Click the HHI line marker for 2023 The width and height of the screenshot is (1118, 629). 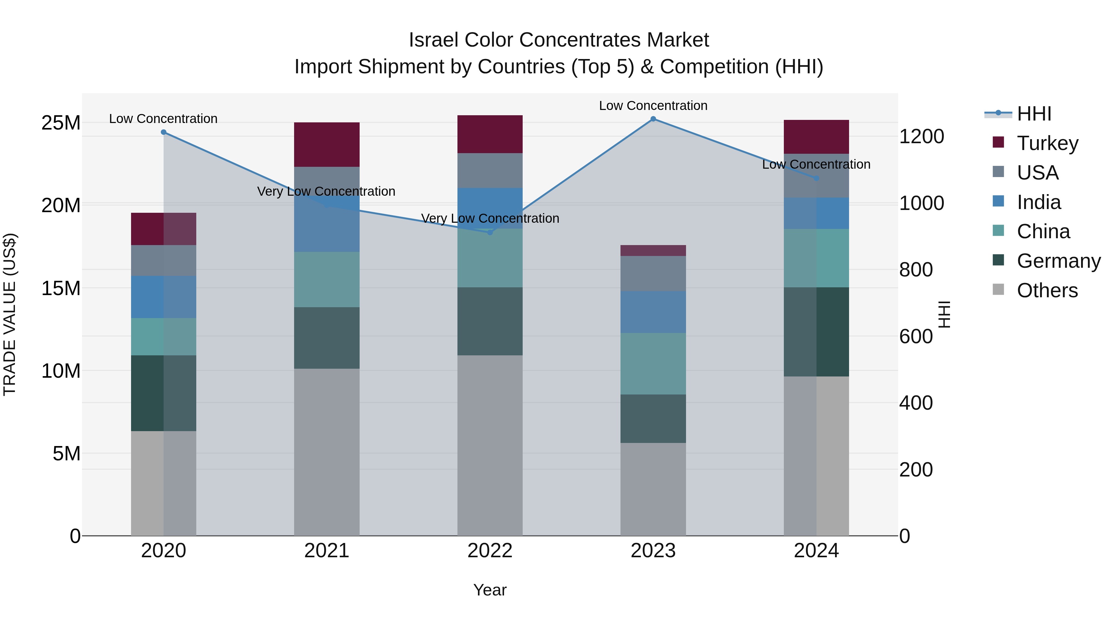click(653, 119)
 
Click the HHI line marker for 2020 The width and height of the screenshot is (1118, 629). click(164, 132)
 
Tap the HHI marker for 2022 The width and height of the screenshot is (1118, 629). click(490, 232)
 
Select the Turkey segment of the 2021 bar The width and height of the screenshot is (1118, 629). click(326, 144)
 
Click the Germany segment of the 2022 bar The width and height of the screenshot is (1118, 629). click(490, 321)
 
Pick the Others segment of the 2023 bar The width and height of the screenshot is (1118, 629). click(653, 489)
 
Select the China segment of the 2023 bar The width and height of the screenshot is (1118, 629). click(653, 364)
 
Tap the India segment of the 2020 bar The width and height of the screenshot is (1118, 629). click(164, 297)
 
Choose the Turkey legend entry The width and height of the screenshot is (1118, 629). click(1047, 143)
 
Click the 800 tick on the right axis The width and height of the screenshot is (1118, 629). click(916, 270)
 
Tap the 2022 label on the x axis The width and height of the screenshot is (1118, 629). click(490, 551)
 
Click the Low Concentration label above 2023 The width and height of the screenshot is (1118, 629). click(653, 106)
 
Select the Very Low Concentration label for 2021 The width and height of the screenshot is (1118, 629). click(326, 191)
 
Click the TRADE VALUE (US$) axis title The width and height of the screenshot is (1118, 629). click(10, 314)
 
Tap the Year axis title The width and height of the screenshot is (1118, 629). click(490, 590)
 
